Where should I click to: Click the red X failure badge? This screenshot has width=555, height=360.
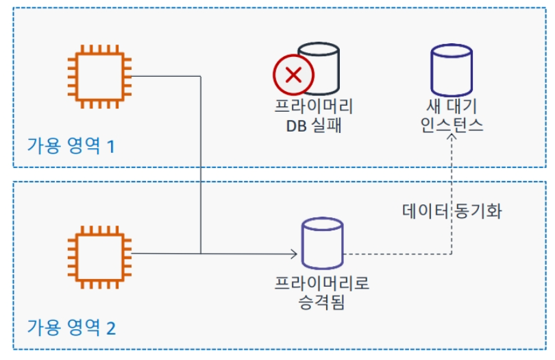[x=293, y=75]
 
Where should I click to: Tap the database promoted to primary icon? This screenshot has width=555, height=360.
[x=322, y=244]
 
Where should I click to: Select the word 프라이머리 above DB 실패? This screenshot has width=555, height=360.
[x=313, y=108]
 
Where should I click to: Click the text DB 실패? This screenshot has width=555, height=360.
[x=313, y=125]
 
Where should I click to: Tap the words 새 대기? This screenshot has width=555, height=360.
[x=451, y=108]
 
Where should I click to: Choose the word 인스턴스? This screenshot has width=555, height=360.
[x=451, y=125]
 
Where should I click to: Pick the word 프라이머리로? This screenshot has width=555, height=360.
[x=322, y=283]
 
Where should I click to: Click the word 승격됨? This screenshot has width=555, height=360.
[x=322, y=301]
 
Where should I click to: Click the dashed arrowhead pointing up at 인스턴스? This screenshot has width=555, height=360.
[x=452, y=138]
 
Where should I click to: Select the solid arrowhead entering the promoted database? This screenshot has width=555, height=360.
[x=294, y=254]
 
